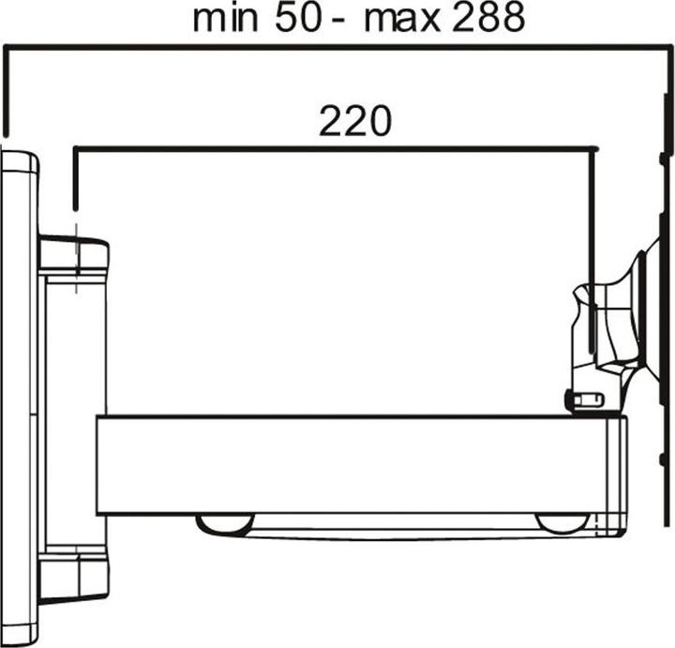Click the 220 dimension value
(355, 122)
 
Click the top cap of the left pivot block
(73, 254)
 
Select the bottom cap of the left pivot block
(73, 574)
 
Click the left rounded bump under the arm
(224, 523)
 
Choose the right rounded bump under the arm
(562, 523)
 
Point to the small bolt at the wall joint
(586, 401)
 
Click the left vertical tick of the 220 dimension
(75, 178)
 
